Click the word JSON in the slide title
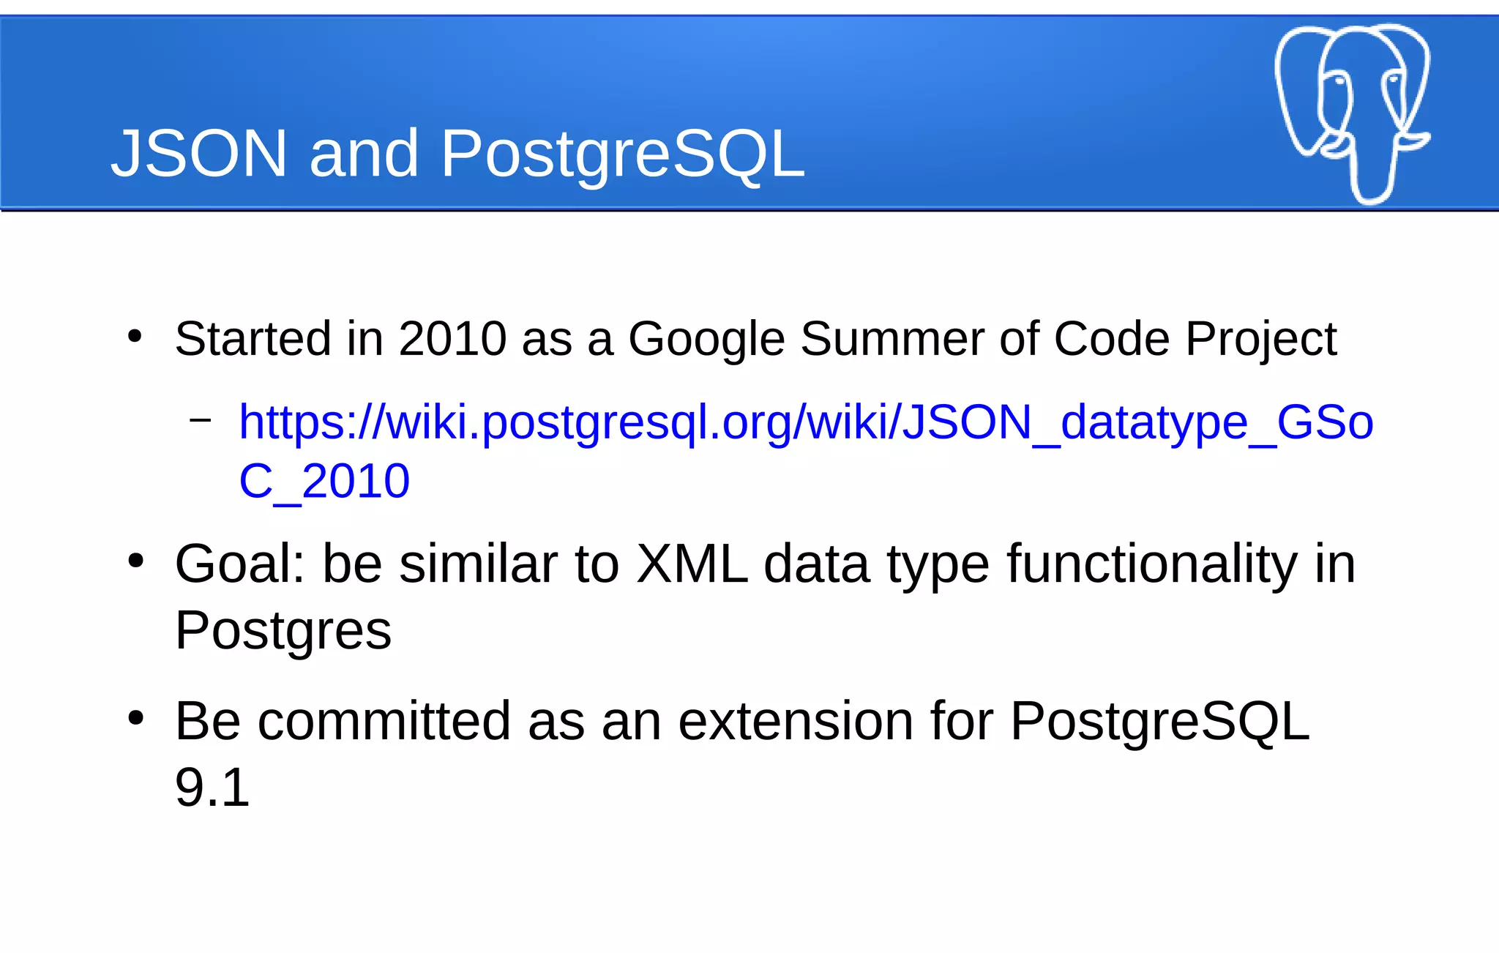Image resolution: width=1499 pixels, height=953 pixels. tap(199, 154)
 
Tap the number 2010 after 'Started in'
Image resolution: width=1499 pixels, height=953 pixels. tap(452, 339)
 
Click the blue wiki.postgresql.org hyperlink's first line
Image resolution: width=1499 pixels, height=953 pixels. tap(806, 423)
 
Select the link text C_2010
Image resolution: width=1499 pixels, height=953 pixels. tap(324, 482)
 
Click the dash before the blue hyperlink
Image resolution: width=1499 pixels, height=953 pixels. tap(200, 419)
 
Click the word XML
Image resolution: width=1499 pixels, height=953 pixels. tap(692, 564)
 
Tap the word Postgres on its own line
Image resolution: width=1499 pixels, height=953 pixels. tap(283, 631)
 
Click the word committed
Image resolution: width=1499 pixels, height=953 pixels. tap(384, 721)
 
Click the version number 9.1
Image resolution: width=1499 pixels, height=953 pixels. tap(212, 788)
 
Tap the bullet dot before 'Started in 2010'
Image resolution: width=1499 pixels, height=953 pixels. tap(135, 336)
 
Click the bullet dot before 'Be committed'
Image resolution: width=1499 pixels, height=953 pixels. tap(135, 718)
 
